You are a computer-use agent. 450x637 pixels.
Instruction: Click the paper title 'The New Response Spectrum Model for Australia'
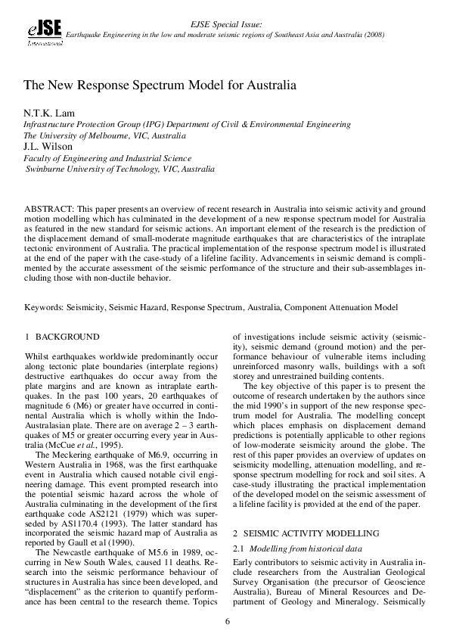coord(160,87)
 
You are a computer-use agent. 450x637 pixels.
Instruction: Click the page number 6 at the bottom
coord(226,621)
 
